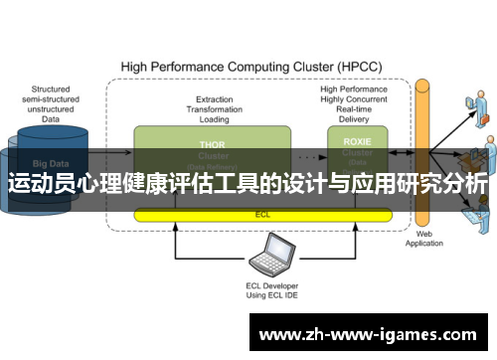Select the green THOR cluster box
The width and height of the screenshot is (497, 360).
213,149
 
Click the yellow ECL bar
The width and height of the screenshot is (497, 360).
262,214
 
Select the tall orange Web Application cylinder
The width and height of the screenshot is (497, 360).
423,149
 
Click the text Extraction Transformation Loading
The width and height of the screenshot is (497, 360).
214,108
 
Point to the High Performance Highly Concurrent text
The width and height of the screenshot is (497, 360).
355,95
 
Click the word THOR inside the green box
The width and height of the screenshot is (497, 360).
213,143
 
